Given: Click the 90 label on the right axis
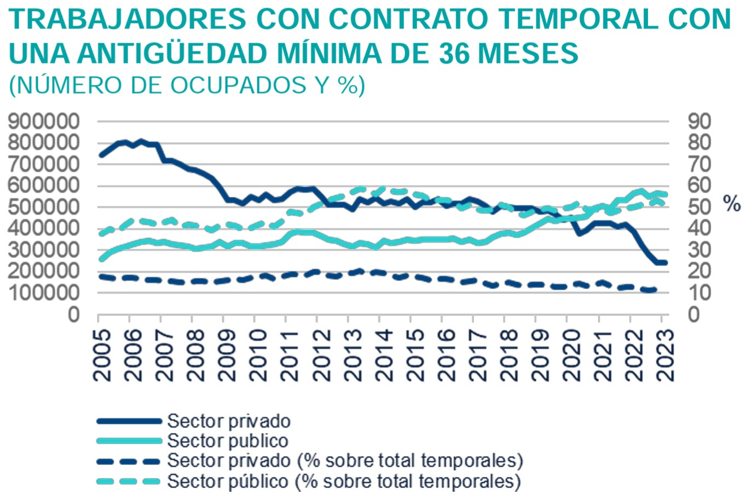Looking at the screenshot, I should click(687, 122).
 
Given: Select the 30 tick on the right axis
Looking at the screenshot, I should click(687, 250).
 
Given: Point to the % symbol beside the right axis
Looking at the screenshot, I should click(732, 204).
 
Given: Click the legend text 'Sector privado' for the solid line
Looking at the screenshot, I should click(228, 421).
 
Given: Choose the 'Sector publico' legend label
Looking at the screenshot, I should click(227, 441).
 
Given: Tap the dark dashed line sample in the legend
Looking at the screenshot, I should click(129, 461).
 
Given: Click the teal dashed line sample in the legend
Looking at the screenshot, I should click(129, 481).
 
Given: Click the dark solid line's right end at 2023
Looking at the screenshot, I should click(664, 263).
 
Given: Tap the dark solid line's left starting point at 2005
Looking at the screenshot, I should click(101, 155).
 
